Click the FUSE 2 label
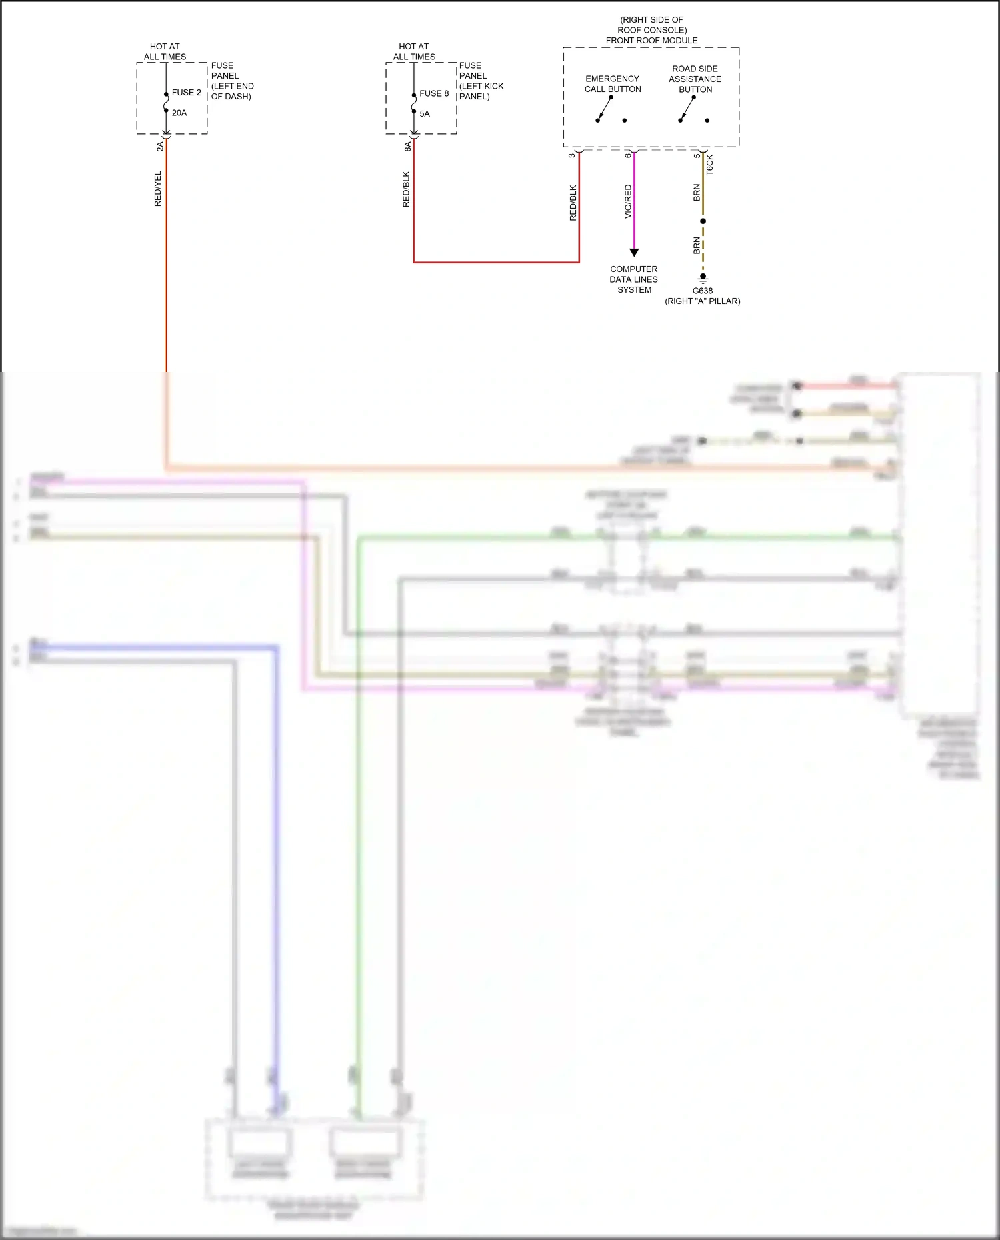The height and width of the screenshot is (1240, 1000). (x=186, y=93)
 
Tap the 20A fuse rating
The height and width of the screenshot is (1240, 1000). (x=179, y=113)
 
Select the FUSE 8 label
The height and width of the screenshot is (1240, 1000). (x=434, y=93)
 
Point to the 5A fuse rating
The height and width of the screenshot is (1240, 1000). (x=425, y=114)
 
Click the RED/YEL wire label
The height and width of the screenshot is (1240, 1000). (x=158, y=189)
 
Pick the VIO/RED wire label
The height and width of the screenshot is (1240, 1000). (x=628, y=201)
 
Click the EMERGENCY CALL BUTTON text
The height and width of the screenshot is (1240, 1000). (x=613, y=84)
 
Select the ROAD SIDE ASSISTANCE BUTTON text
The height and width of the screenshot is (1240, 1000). (x=695, y=79)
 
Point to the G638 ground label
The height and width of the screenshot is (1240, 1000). (x=703, y=291)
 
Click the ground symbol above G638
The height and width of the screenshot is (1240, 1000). (x=703, y=279)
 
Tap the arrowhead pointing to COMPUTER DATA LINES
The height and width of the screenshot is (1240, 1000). (x=634, y=253)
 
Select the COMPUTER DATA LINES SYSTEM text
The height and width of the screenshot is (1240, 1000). (x=633, y=279)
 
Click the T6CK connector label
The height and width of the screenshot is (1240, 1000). (x=710, y=165)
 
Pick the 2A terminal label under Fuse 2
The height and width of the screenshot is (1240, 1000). (x=160, y=147)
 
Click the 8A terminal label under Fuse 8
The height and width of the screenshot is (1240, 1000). (x=408, y=147)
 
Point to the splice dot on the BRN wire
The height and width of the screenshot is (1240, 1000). (x=703, y=221)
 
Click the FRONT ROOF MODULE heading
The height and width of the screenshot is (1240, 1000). (x=651, y=41)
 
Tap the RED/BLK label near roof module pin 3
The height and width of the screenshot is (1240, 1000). (x=573, y=203)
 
